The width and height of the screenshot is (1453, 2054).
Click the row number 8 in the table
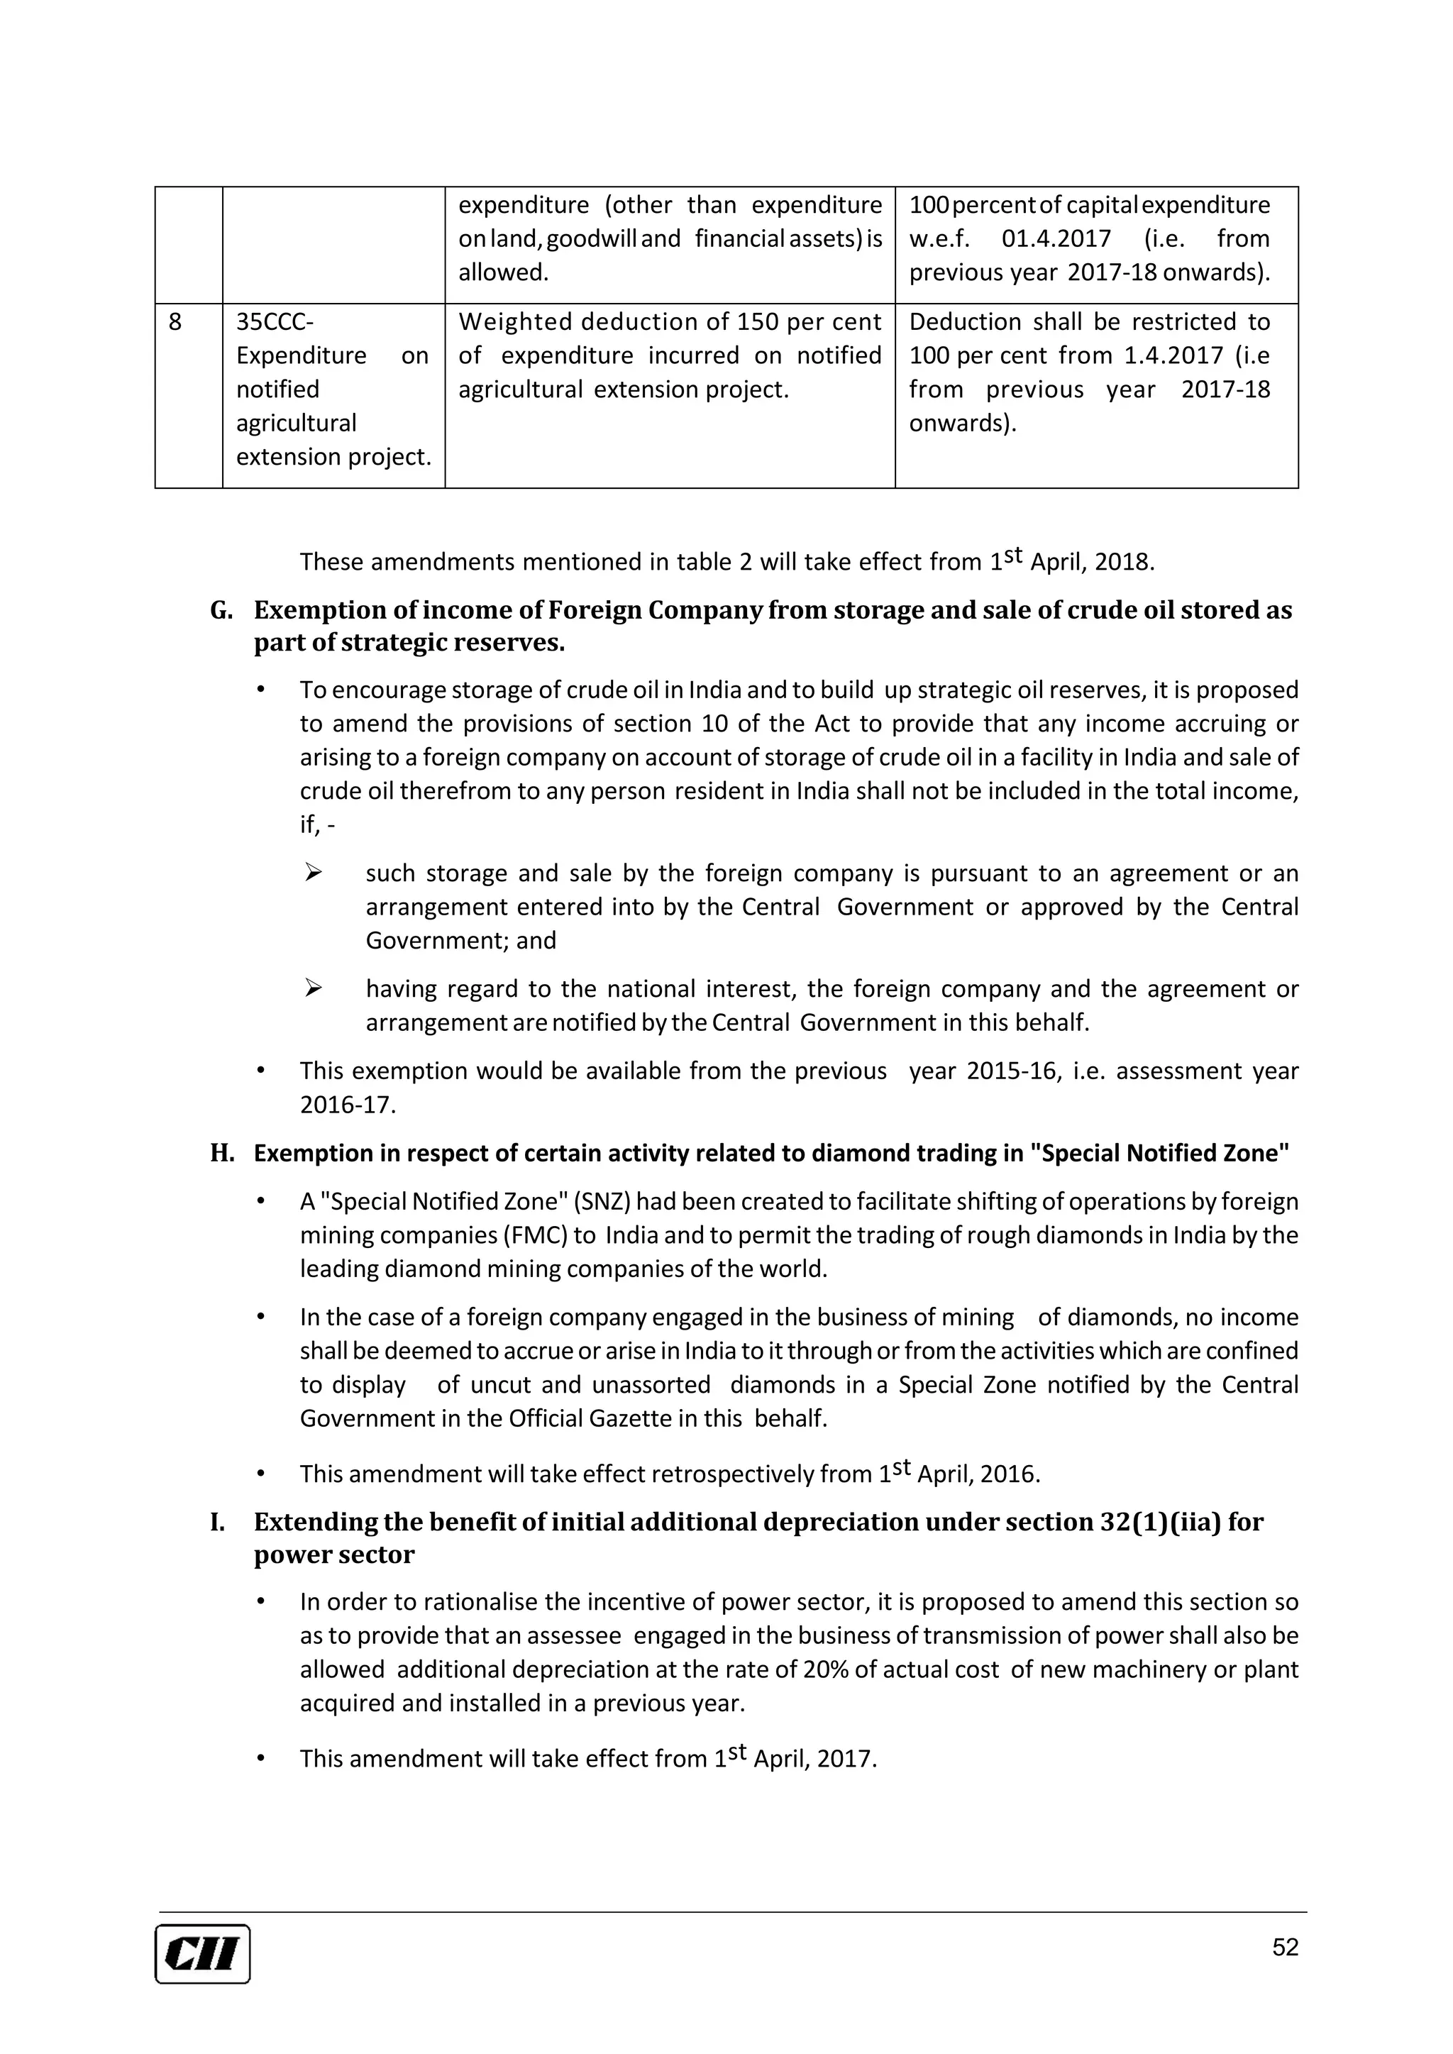[x=175, y=322]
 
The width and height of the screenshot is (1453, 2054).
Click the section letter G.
[x=221, y=610]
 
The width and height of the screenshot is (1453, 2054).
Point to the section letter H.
[x=221, y=1153]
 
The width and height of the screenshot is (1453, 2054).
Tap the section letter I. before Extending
[x=217, y=1522]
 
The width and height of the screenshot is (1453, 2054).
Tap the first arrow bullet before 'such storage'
[x=312, y=872]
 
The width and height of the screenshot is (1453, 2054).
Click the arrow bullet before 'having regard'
[x=312, y=988]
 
